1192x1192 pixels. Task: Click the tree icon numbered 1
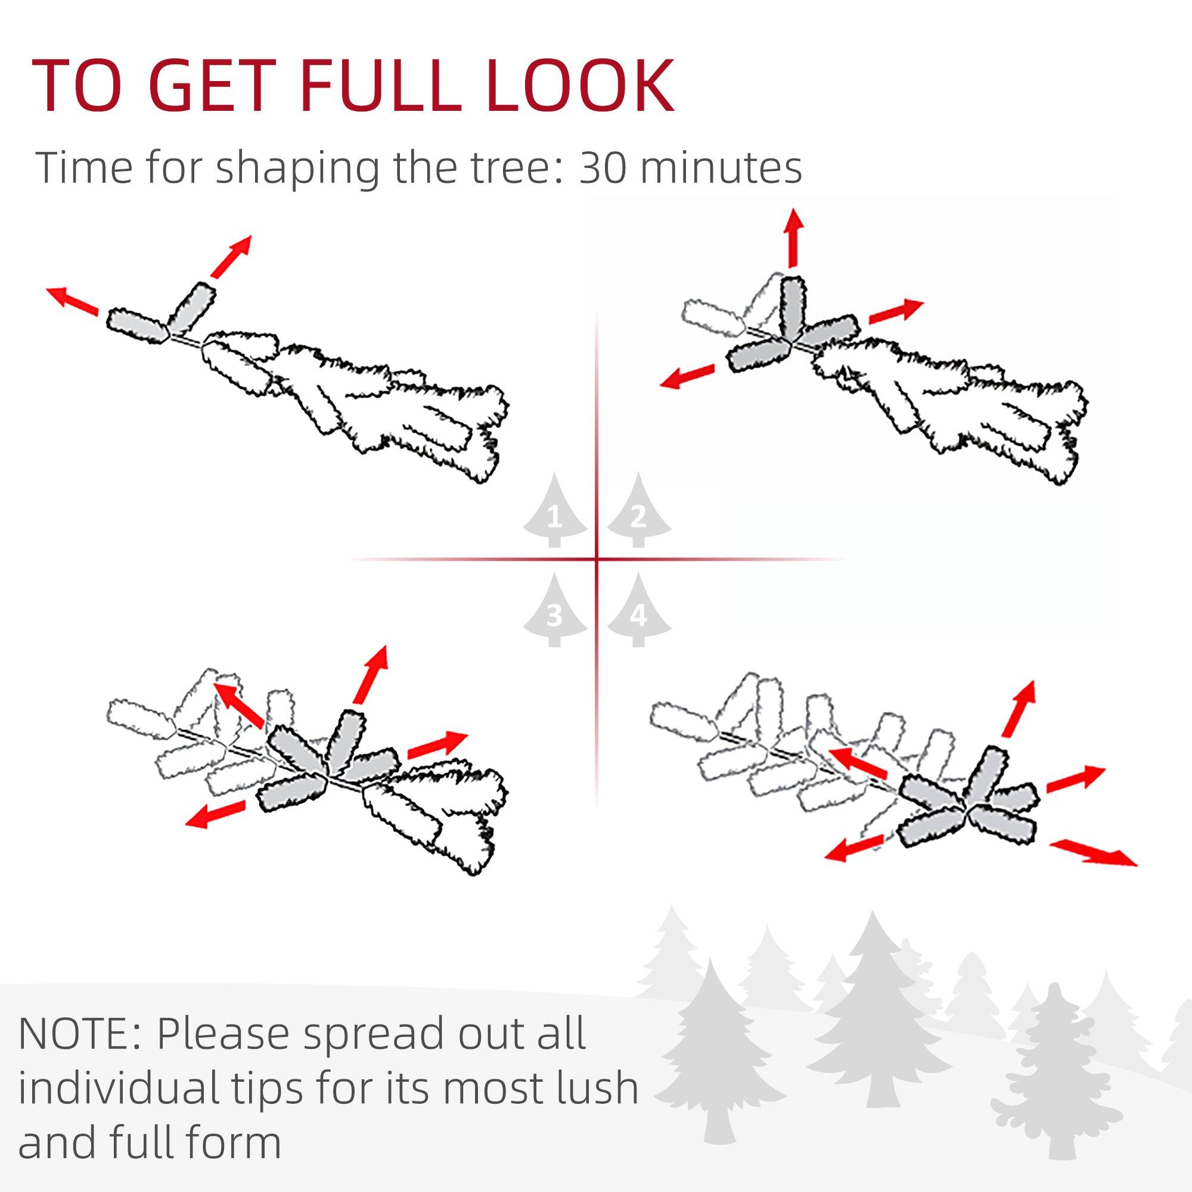tap(555, 511)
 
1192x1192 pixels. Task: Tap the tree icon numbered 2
tap(638, 511)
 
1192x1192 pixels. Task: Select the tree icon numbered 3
tap(555, 610)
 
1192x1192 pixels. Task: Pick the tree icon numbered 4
tap(638, 610)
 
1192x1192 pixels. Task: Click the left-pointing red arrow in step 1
tap(73, 300)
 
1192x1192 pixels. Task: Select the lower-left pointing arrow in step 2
tap(687, 375)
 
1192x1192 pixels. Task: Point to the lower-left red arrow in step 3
tap(216, 813)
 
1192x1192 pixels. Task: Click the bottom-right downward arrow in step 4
tap(1092, 853)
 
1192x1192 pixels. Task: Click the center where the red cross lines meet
tap(597, 560)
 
